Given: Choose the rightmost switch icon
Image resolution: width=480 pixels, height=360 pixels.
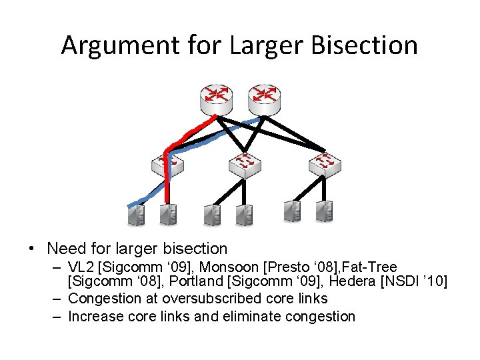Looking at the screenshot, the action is (325, 164).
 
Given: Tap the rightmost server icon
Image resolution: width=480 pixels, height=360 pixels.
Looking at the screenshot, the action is (325, 212).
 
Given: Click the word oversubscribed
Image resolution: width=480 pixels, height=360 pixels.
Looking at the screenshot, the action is (218, 299).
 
